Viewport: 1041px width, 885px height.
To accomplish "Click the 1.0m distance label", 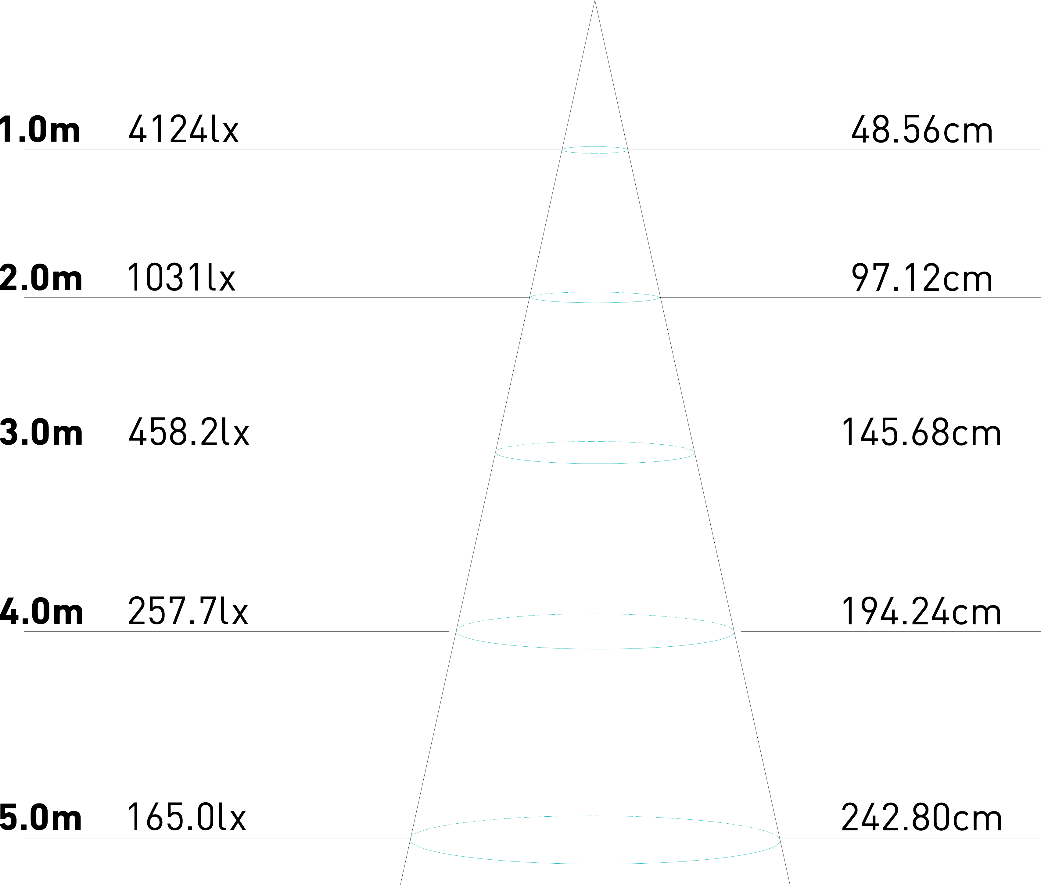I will pos(40,130).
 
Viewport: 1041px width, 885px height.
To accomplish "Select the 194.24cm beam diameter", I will pos(921,612).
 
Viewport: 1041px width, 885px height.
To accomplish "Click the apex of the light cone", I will pos(595,2).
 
